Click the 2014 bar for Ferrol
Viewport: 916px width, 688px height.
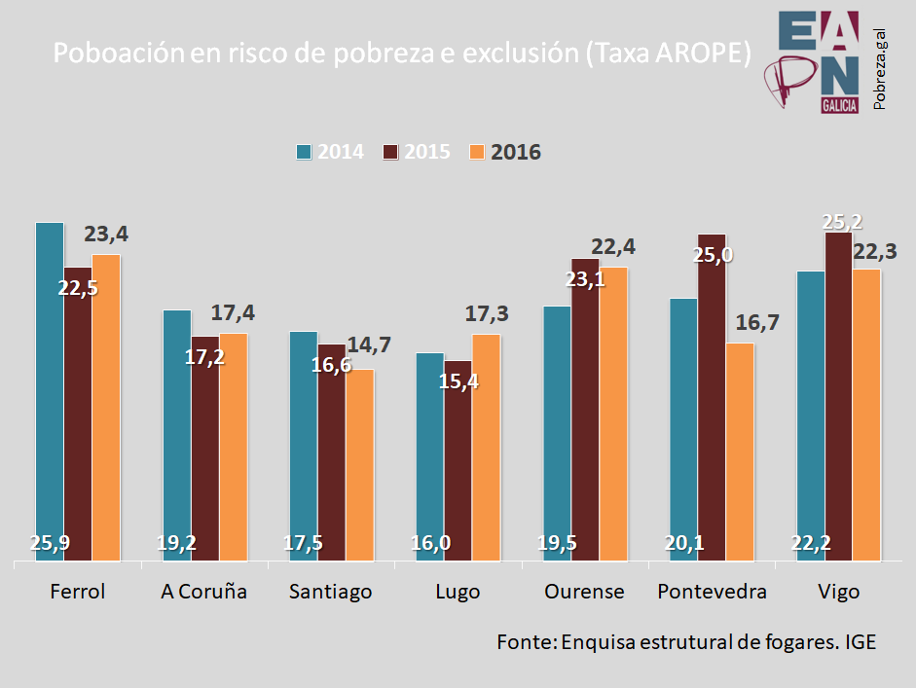(x=50, y=389)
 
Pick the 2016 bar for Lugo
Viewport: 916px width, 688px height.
(x=486, y=447)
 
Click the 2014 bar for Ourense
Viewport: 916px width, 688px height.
(x=557, y=432)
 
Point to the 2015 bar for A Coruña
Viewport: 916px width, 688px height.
(x=205, y=448)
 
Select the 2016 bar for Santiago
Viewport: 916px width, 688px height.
(x=360, y=464)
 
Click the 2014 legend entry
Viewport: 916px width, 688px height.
(x=330, y=152)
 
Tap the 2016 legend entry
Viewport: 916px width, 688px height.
(x=505, y=152)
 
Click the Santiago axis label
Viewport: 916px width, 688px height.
(x=331, y=592)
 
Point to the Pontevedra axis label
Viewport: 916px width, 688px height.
(x=712, y=592)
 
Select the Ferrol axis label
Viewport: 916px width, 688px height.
(x=77, y=592)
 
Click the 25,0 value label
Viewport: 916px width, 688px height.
(x=713, y=256)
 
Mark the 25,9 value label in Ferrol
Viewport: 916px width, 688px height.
(x=50, y=543)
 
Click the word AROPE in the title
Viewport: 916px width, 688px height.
(x=702, y=53)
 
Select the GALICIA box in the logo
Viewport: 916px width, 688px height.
(x=839, y=105)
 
